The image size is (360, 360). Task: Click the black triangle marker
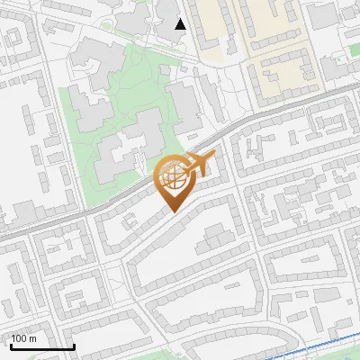pyautogui.click(x=181, y=23)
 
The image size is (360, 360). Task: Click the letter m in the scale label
pyautogui.click(x=33, y=338)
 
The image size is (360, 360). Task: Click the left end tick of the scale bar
pyautogui.click(x=11, y=345)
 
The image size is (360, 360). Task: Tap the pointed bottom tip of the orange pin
pyautogui.click(x=173, y=212)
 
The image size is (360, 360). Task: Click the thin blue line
pyautogui.click(x=306, y=342)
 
